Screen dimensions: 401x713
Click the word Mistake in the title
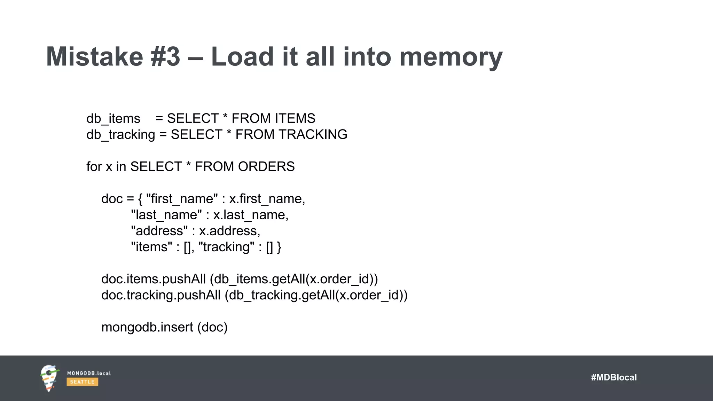tap(94, 56)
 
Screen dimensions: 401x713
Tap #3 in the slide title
tap(166, 56)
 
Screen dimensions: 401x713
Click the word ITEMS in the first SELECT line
tap(295, 118)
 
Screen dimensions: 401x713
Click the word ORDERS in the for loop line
tap(266, 167)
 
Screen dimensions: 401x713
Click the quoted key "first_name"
tap(182, 199)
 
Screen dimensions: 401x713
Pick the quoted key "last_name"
tap(166, 215)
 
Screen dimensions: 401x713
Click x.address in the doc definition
tap(229, 231)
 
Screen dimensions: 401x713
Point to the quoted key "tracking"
tap(226, 247)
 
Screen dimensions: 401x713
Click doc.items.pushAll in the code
tap(154, 279)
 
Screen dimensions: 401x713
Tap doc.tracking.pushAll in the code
tap(161, 295)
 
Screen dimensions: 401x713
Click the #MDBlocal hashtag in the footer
tap(614, 377)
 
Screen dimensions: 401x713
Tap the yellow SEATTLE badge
tap(82, 382)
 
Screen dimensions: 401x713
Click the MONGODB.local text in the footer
tap(89, 373)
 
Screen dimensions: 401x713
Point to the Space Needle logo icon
tap(49, 378)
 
